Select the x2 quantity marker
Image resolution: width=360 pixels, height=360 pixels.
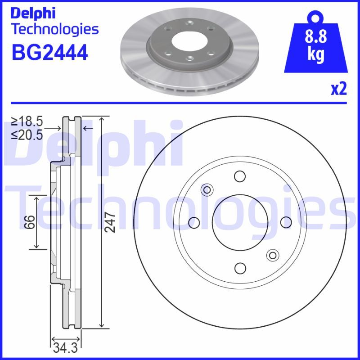(339, 89)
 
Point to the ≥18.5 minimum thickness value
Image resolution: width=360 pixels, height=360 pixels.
(27, 121)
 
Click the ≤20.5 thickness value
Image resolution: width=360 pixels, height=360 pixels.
(27, 134)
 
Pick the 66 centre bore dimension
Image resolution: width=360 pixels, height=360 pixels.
(29, 222)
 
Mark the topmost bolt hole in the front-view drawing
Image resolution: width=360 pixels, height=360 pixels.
(240, 176)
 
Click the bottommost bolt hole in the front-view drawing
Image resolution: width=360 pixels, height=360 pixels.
(240, 268)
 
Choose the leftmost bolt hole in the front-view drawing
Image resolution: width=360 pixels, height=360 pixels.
(194, 222)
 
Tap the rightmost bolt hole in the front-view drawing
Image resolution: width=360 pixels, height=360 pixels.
(286, 222)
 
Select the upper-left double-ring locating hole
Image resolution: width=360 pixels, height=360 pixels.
(207, 189)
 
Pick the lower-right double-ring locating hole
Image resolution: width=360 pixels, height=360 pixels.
(272, 255)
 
